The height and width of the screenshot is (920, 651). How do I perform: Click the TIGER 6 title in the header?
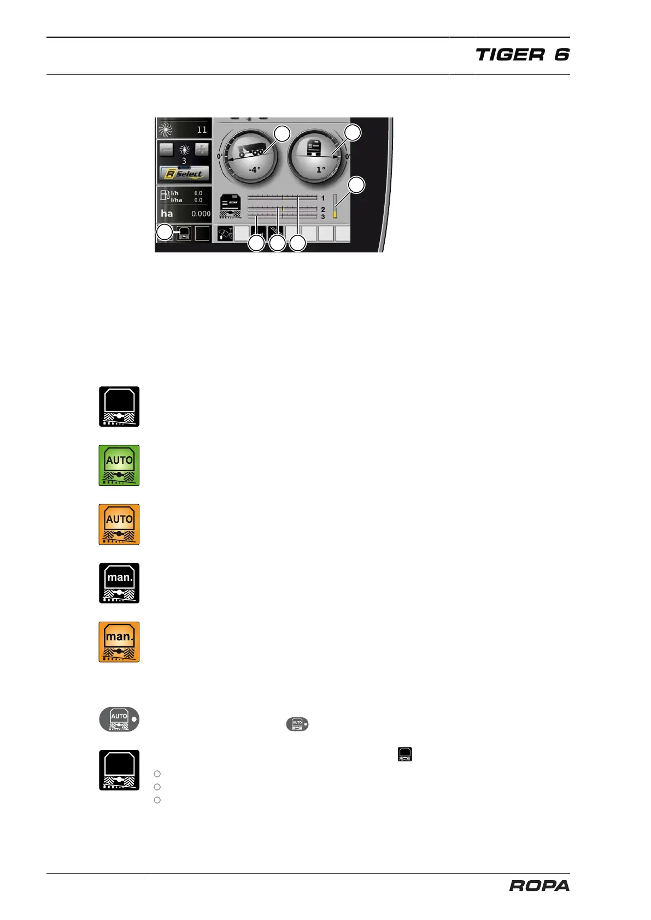522,55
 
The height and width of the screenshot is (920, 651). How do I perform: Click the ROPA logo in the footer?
539,886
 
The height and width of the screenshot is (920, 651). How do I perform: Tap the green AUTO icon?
119,465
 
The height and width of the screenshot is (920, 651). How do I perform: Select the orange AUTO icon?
119,524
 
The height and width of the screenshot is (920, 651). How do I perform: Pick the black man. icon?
119,583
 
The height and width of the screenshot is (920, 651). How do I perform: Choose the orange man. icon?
119,642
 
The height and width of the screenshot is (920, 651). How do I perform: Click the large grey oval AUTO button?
119,720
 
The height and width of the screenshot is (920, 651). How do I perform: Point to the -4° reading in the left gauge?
254,170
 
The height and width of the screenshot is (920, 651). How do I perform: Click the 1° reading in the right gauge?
320,170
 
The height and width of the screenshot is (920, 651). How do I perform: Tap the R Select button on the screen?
184,174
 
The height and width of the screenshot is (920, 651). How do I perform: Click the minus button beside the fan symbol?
166,149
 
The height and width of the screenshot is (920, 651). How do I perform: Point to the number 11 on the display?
202,130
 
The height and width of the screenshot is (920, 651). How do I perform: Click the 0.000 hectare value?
201,214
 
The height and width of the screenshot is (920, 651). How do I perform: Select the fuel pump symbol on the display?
165,195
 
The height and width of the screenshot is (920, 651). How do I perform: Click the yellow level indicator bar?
335,215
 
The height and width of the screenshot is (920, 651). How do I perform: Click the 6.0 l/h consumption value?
198,193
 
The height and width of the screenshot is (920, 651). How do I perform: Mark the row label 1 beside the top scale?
323,198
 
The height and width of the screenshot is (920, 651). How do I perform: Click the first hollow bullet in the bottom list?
157,774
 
